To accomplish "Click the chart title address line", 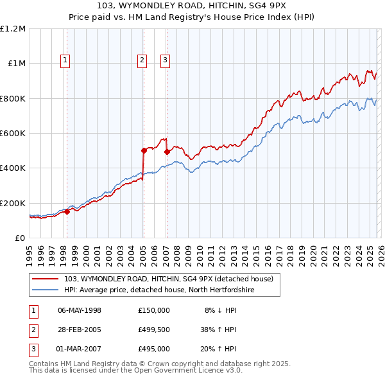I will (x=192, y=6).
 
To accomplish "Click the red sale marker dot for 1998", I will (x=67, y=211).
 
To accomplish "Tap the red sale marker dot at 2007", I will (x=166, y=152).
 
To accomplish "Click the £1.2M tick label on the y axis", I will (x=13, y=29).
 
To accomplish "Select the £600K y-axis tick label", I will (x=13, y=134).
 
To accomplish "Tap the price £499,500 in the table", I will (x=153, y=330).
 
